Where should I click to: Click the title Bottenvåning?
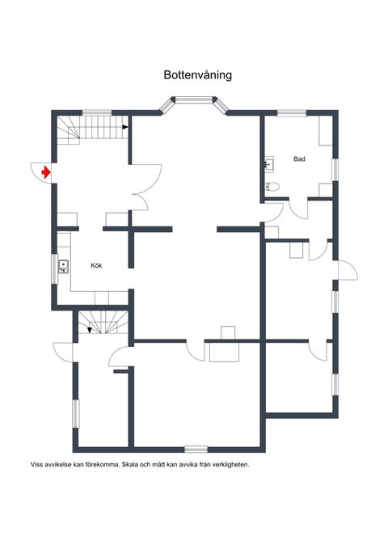click(x=198, y=75)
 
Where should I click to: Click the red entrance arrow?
click(x=46, y=172)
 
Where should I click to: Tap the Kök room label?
click(x=96, y=266)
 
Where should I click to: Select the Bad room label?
click(x=299, y=159)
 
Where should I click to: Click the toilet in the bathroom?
click(x=272, y=186)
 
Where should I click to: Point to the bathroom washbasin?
click(x=269, y=164)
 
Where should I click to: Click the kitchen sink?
click(x=63, y=267)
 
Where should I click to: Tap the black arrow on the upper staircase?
click(x=125, y=127)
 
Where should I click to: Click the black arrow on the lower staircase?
click(x=90, y=330)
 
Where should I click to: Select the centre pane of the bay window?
click(x=194, y=99)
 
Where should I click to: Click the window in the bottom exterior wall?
click(x=196, y=449)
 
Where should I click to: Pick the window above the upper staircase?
click(x=97, y=112)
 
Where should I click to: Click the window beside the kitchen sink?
click(x=55, y=269)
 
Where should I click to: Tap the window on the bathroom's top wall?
click(x=292, y=112)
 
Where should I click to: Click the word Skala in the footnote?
click(x=129, y=465)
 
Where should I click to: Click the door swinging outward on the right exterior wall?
click(x=348, y=270)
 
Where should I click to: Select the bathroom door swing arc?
click(x=298, y=209)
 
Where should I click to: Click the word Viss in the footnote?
click(x=36, y=465)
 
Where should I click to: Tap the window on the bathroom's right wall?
click(x=335, y=170)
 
